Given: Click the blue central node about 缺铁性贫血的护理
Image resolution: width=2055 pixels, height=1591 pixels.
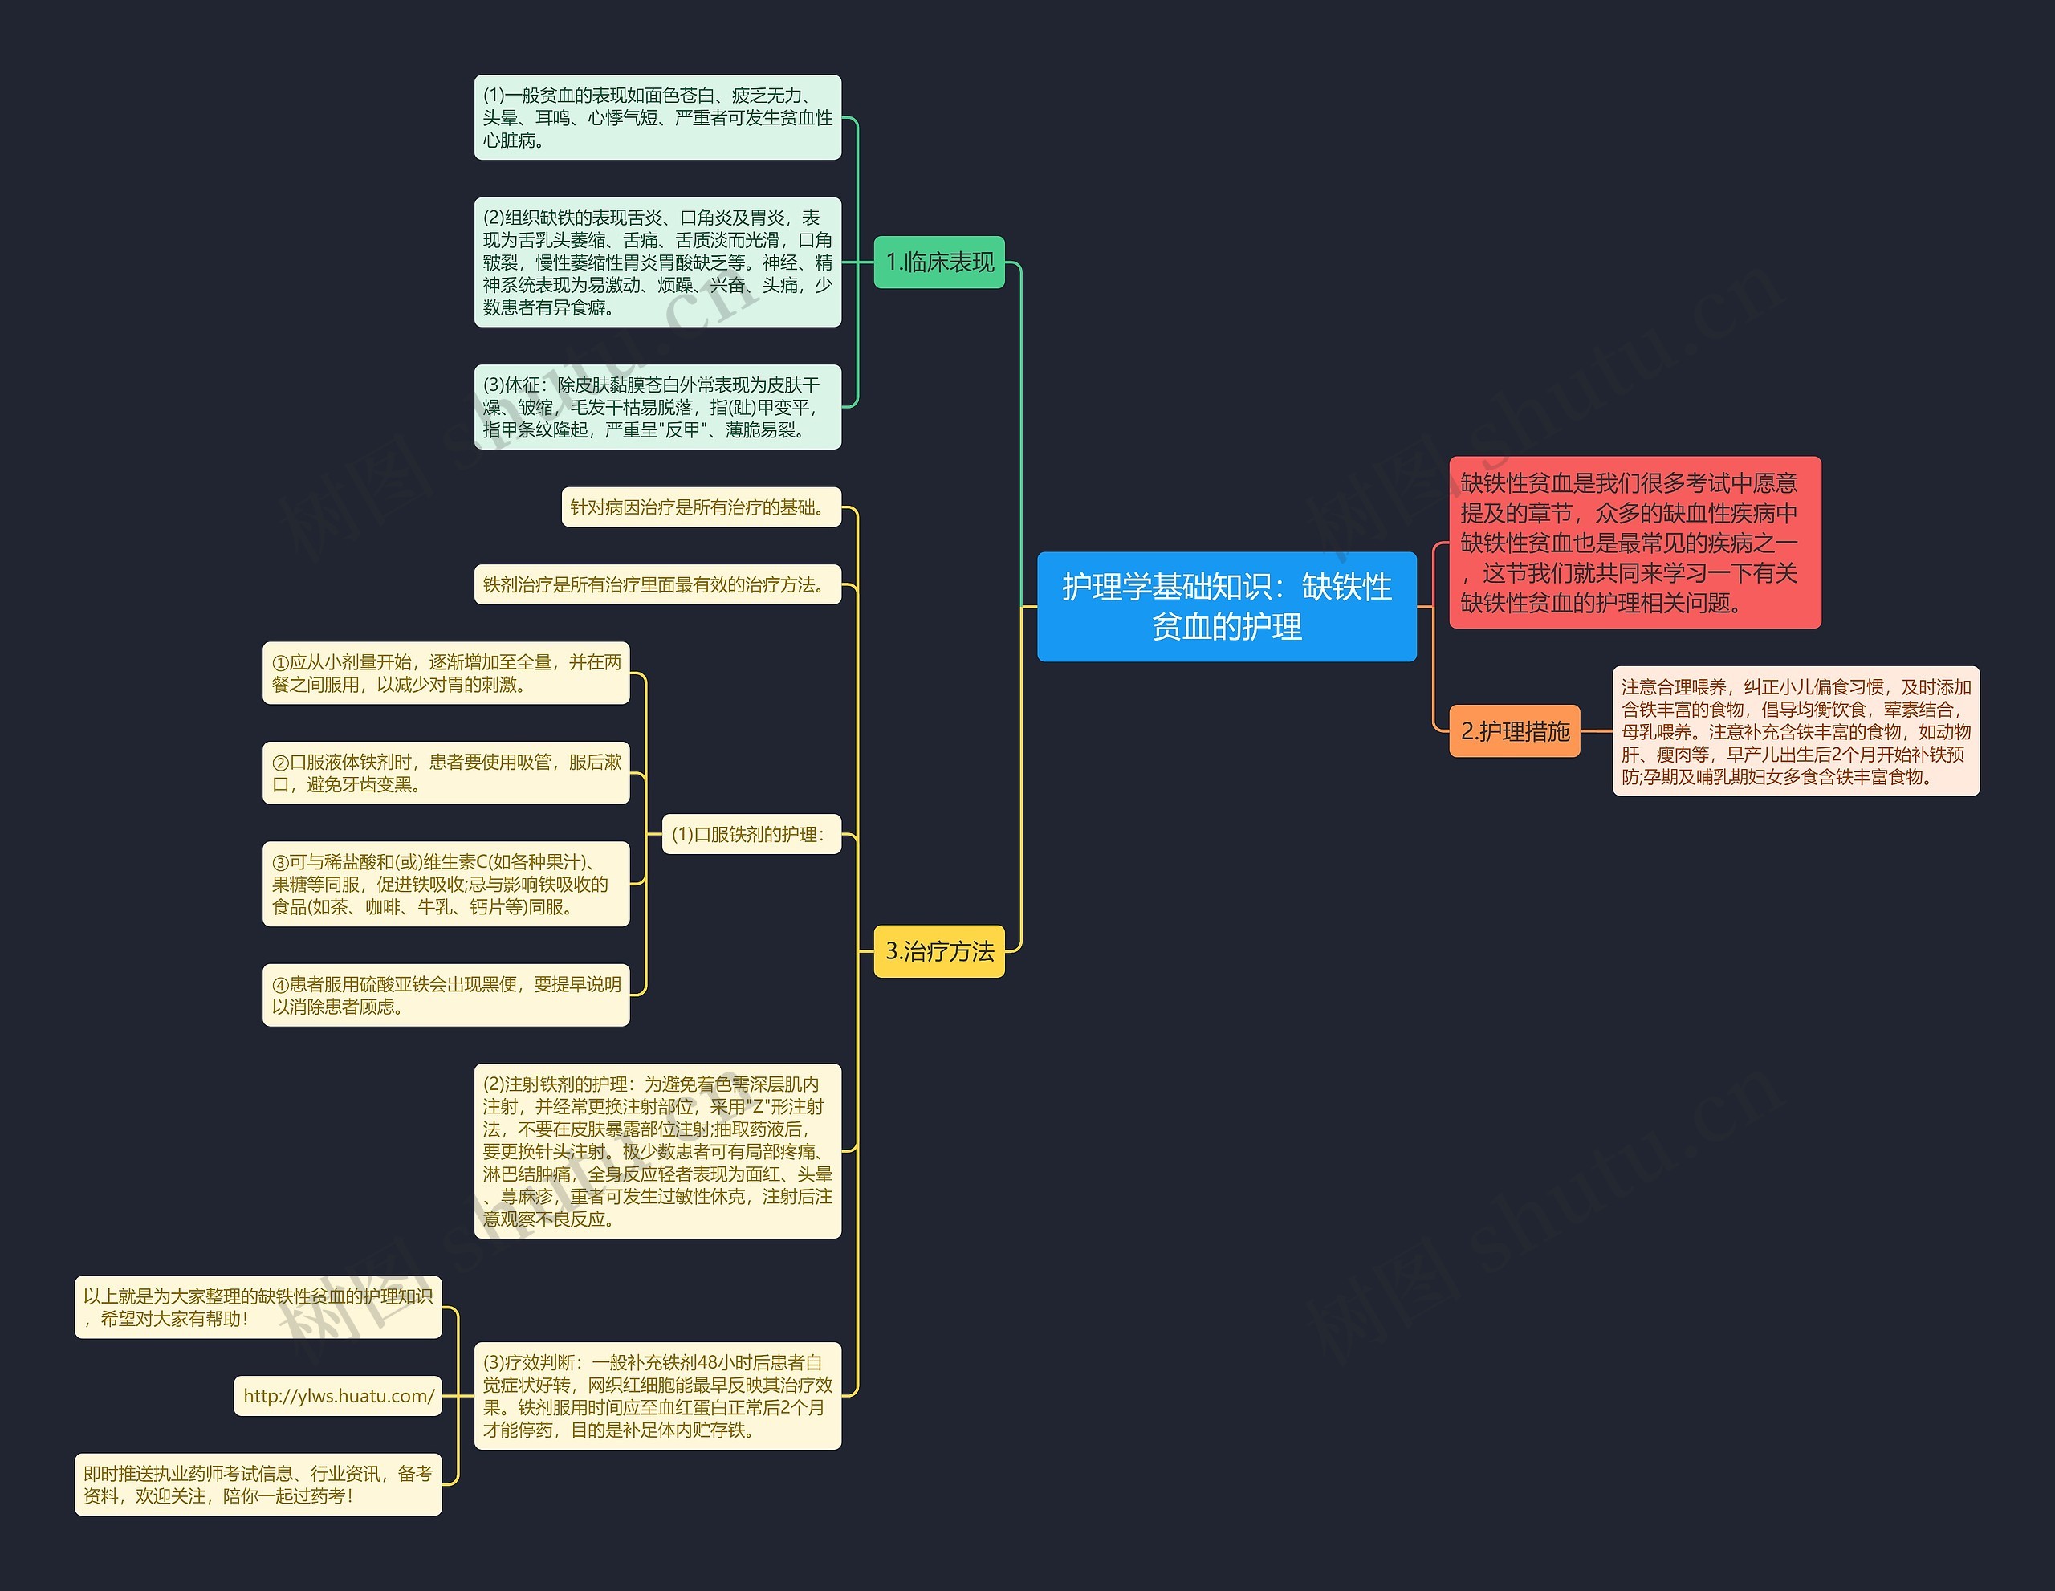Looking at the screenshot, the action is click(x=1226, y=606).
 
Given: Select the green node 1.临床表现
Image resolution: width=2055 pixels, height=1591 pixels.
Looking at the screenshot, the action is click(x=939, y=262).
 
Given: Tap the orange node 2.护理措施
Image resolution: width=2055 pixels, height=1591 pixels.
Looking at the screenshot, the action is click(x=1514, y=731).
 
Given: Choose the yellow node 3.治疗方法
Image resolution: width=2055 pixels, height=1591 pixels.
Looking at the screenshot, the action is click(x=939, y=951).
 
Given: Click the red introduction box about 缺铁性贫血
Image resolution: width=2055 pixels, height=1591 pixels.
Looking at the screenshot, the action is click(x=1634, y=542).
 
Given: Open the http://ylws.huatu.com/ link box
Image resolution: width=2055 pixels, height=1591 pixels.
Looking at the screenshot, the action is click(x=338, y=1395).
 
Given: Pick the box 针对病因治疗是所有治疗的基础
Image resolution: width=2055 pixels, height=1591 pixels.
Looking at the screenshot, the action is click(x=701, y=507).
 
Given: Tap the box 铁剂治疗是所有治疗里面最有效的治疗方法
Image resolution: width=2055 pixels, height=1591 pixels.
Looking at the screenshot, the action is click(x=657, y=584).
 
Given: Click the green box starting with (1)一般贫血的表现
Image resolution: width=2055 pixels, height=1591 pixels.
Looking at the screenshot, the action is click(x=657, y=118).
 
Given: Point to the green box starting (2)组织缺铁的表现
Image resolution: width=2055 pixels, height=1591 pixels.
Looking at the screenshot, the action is click(x=657, y=262).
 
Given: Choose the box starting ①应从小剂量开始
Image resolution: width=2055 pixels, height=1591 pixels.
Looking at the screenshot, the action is click(x=446, y=673).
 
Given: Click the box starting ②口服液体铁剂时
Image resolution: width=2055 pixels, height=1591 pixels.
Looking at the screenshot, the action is click(x=446, y=772).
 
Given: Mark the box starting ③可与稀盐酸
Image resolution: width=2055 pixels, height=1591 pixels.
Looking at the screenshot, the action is click(x=446, y=884).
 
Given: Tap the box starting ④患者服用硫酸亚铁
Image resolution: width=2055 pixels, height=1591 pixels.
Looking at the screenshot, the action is click(x=446, y=995).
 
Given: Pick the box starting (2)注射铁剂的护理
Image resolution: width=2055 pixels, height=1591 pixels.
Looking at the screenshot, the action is click(x=657, y=1150).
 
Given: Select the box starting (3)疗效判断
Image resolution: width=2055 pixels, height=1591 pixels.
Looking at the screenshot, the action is click(x=657, y=1395).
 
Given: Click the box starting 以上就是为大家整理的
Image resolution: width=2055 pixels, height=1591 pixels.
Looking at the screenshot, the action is click(x=258, y=1307).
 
